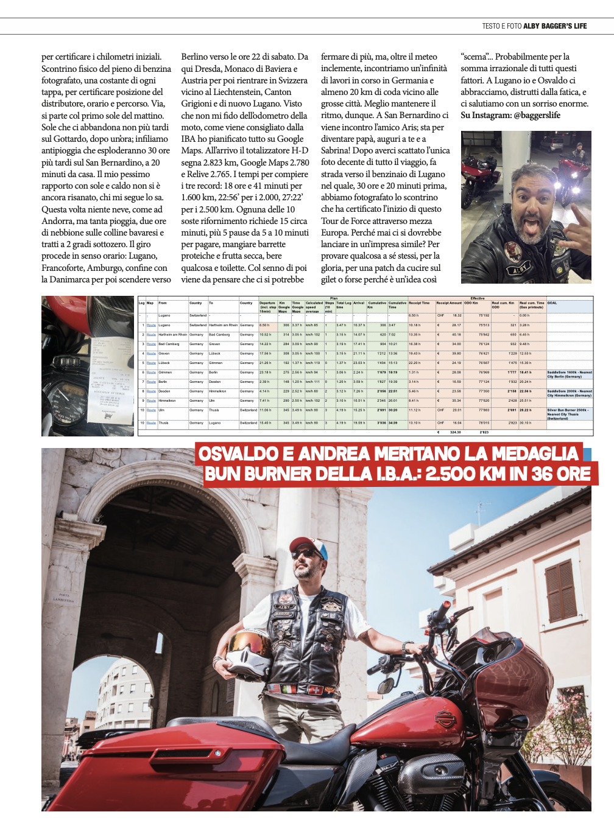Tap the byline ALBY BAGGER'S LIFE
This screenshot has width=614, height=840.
pyautogui.click(x=555, y=26)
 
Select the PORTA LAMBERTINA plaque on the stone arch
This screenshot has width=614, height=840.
pyautogui.click(x=63, y=598)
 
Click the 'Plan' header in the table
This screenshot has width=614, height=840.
pyautogui.click(x=333, y=298)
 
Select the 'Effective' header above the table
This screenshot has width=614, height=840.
pyautogui.click(x=478, y=298)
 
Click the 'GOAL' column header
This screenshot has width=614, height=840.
pyautogui.click(x=552, y=303)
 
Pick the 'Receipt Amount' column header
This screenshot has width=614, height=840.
pyautogui.click(x=449, y=303)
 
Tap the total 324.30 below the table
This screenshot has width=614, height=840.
pyautogui.click(x=455, y=432)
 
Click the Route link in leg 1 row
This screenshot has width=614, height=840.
pyautogui.click(x=151, y=325)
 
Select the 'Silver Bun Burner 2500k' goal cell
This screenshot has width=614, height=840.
pyautogui.click(x=569, y=412)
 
